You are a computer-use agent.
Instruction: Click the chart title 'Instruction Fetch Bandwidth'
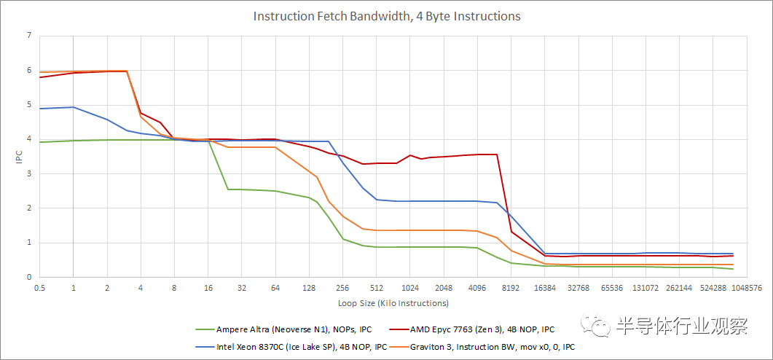coord(386,16)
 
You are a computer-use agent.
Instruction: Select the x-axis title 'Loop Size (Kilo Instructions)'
coord(393,302)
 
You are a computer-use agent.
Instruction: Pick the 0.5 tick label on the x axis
coord(40,288)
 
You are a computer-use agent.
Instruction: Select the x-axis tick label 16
coord(208,288)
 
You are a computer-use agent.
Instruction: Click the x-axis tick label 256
coord(342,288)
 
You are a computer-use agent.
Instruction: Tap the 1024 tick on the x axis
coord(409,288)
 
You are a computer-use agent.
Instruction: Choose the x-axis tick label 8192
coord(511,288)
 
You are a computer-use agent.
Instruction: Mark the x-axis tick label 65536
coord(611,288)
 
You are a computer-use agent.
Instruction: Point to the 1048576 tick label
coord(745,288)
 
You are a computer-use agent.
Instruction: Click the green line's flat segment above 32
coord(242,189)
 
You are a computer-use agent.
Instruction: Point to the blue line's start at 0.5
coord(40,109)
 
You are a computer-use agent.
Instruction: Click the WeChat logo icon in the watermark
coord(601,326)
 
